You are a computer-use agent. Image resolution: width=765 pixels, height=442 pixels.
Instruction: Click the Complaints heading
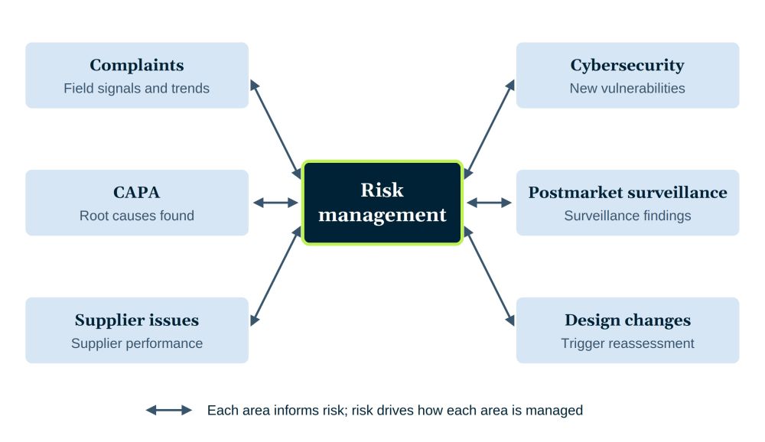click(137, 65)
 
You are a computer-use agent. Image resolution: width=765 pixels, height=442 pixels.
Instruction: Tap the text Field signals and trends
click(137, 88)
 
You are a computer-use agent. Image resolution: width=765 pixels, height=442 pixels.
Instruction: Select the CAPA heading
click(137, 192)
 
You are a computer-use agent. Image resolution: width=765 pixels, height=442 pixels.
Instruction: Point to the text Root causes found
click(137, 216)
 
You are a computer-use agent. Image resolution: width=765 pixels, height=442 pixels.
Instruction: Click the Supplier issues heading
click(137, 320)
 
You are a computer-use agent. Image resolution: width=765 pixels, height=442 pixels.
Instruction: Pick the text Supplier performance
click(137, 343)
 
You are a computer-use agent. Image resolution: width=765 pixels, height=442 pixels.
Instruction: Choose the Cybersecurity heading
click(627, 65)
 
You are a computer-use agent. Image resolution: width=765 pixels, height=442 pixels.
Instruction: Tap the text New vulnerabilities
click(627, 88)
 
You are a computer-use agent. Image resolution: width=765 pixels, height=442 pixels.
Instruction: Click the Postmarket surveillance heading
click(627, 192)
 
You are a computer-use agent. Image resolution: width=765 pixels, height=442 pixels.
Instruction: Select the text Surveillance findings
click(627, 216)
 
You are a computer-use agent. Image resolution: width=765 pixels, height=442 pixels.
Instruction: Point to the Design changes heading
click(627, 320)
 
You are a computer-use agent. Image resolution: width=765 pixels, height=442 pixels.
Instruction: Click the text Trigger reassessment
click(627, 343)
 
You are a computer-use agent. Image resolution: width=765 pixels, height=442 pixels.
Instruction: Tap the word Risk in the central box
click(382, 190)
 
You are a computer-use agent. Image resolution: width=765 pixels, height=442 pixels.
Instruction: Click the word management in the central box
click(382, 215)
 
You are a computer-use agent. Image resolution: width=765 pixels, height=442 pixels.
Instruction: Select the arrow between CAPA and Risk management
click(275, 203)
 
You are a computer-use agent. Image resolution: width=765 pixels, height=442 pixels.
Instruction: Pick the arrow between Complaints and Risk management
click(275, 129)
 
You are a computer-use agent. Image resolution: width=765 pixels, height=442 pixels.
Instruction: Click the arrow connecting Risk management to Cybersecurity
click(489, 129)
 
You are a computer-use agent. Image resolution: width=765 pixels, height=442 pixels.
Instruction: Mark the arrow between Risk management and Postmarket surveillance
click(490, 203)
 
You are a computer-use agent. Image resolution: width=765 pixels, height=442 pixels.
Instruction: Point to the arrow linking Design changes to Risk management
click(489, 276)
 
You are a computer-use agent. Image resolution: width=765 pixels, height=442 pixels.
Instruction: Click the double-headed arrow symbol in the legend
click(169, 411)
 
